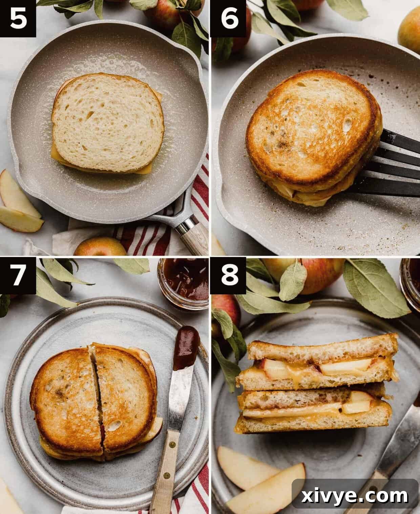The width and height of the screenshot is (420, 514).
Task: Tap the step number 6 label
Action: (229, 19)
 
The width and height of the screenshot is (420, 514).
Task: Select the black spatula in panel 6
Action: (396, 163)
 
